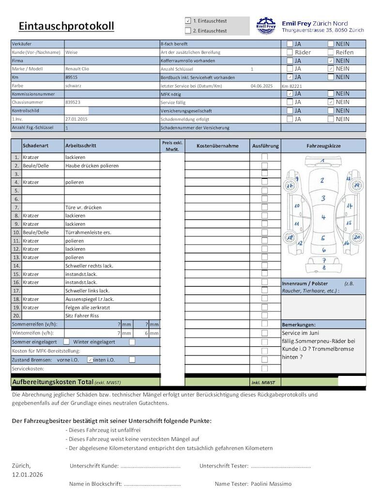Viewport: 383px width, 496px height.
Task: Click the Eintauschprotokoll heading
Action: [66, 26]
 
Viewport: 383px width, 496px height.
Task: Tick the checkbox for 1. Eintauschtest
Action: [188, 21]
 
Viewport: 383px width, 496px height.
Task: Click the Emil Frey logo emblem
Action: [266, 25]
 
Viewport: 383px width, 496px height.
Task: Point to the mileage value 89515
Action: [72, 77]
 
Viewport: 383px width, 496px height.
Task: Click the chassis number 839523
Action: [73, 103]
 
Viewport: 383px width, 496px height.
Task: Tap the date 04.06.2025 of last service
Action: [262, 86]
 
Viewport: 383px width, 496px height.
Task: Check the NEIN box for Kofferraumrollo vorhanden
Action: [330, 61]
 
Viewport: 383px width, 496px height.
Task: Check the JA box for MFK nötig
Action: [290, 93]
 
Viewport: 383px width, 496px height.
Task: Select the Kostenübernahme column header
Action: [217, 146]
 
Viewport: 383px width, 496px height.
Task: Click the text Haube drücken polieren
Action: [92, 166]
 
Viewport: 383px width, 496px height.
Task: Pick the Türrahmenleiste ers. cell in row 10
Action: [88, 232]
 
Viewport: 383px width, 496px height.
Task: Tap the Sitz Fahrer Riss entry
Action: [82, 316]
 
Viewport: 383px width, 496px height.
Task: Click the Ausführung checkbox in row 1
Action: [265, 157]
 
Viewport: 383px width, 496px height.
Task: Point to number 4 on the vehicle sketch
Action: [323, 217]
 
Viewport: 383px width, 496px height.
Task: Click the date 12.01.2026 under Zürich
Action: [27, 474]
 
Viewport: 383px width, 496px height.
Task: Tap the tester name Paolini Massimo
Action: [271, 484]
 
